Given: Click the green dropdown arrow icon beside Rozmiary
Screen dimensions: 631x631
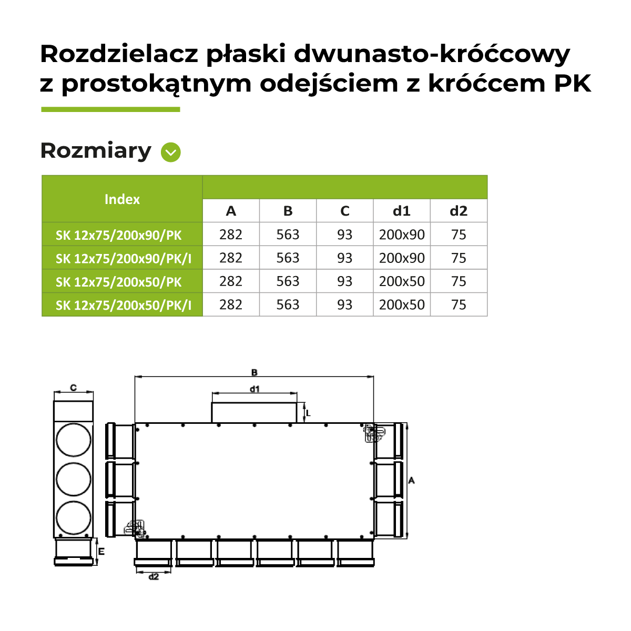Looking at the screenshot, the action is coord(170,152).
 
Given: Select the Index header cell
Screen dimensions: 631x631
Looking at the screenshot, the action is coord(122,199).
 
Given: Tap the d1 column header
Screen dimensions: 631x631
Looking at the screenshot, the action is coord(401,211).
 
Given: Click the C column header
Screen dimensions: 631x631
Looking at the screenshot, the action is coord(345,211).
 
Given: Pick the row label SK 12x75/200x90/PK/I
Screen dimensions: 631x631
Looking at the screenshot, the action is coord(124,259).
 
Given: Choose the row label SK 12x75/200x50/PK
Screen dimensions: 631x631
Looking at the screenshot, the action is coord(118,282).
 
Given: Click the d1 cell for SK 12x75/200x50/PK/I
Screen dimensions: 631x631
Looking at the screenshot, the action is coord(402,305).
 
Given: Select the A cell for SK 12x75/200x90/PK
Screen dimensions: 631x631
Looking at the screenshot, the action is coord(231,235).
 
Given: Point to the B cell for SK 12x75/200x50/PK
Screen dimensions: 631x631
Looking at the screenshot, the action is coord(288,281).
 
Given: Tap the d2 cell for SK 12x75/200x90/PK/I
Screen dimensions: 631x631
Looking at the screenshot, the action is coord(459,258).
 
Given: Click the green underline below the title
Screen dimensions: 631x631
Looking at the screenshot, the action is coord(110,109).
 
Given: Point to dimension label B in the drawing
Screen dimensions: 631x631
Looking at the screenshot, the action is coord(255,372).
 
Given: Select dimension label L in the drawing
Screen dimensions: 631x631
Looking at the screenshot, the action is coord(308,413).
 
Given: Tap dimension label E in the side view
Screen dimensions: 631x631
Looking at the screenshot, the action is coord(101,552).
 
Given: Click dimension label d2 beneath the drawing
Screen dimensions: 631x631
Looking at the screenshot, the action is coord(154,577).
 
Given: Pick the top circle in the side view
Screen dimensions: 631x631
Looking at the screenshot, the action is coord(73,440).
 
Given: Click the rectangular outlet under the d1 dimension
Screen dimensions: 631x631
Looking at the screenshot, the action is coord(254,413).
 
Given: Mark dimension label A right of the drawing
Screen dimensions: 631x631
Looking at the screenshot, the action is coord(411,481).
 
